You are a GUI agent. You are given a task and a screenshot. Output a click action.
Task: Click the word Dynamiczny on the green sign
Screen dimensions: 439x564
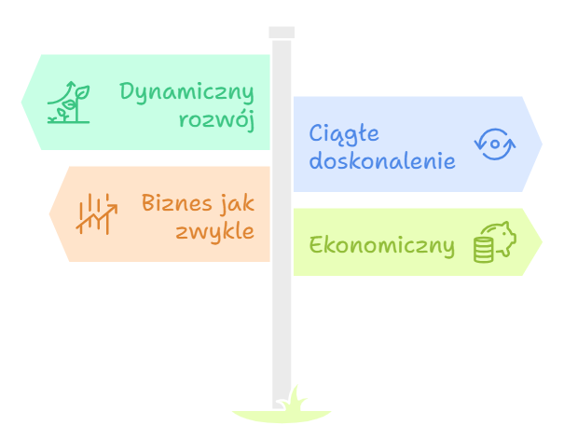(x=186, y=92)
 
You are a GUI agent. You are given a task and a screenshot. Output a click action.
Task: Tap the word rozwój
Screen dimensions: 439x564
(x=216, y=119)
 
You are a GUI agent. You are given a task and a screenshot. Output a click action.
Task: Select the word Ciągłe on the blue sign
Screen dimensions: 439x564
(x=344, y=134)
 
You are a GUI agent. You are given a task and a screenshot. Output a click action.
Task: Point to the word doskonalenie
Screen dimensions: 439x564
(x=382, y=160)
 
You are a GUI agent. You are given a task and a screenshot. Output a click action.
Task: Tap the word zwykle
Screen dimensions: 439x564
(x=214, y=230)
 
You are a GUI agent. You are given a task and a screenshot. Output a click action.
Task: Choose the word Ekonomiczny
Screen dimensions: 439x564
(x=381, y=246)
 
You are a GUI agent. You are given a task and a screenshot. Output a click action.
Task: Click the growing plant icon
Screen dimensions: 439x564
(x=69, y=103)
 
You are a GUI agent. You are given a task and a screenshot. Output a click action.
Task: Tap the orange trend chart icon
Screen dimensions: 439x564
(x=97, y=214)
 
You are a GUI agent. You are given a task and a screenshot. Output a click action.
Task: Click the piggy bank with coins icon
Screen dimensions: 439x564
(x=494, y=241)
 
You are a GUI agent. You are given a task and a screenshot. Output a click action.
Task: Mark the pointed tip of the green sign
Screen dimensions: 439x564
(x=21, y=102)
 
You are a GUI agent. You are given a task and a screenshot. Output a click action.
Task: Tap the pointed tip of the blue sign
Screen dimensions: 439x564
(x=543, y=144)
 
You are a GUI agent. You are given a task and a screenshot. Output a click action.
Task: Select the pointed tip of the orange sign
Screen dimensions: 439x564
(x=48, y=214)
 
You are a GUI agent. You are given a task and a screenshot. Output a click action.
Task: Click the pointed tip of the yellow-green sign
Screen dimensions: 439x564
(x=543, y=242)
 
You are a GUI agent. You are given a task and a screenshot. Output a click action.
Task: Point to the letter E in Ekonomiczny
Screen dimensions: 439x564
(x=315, y=246)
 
